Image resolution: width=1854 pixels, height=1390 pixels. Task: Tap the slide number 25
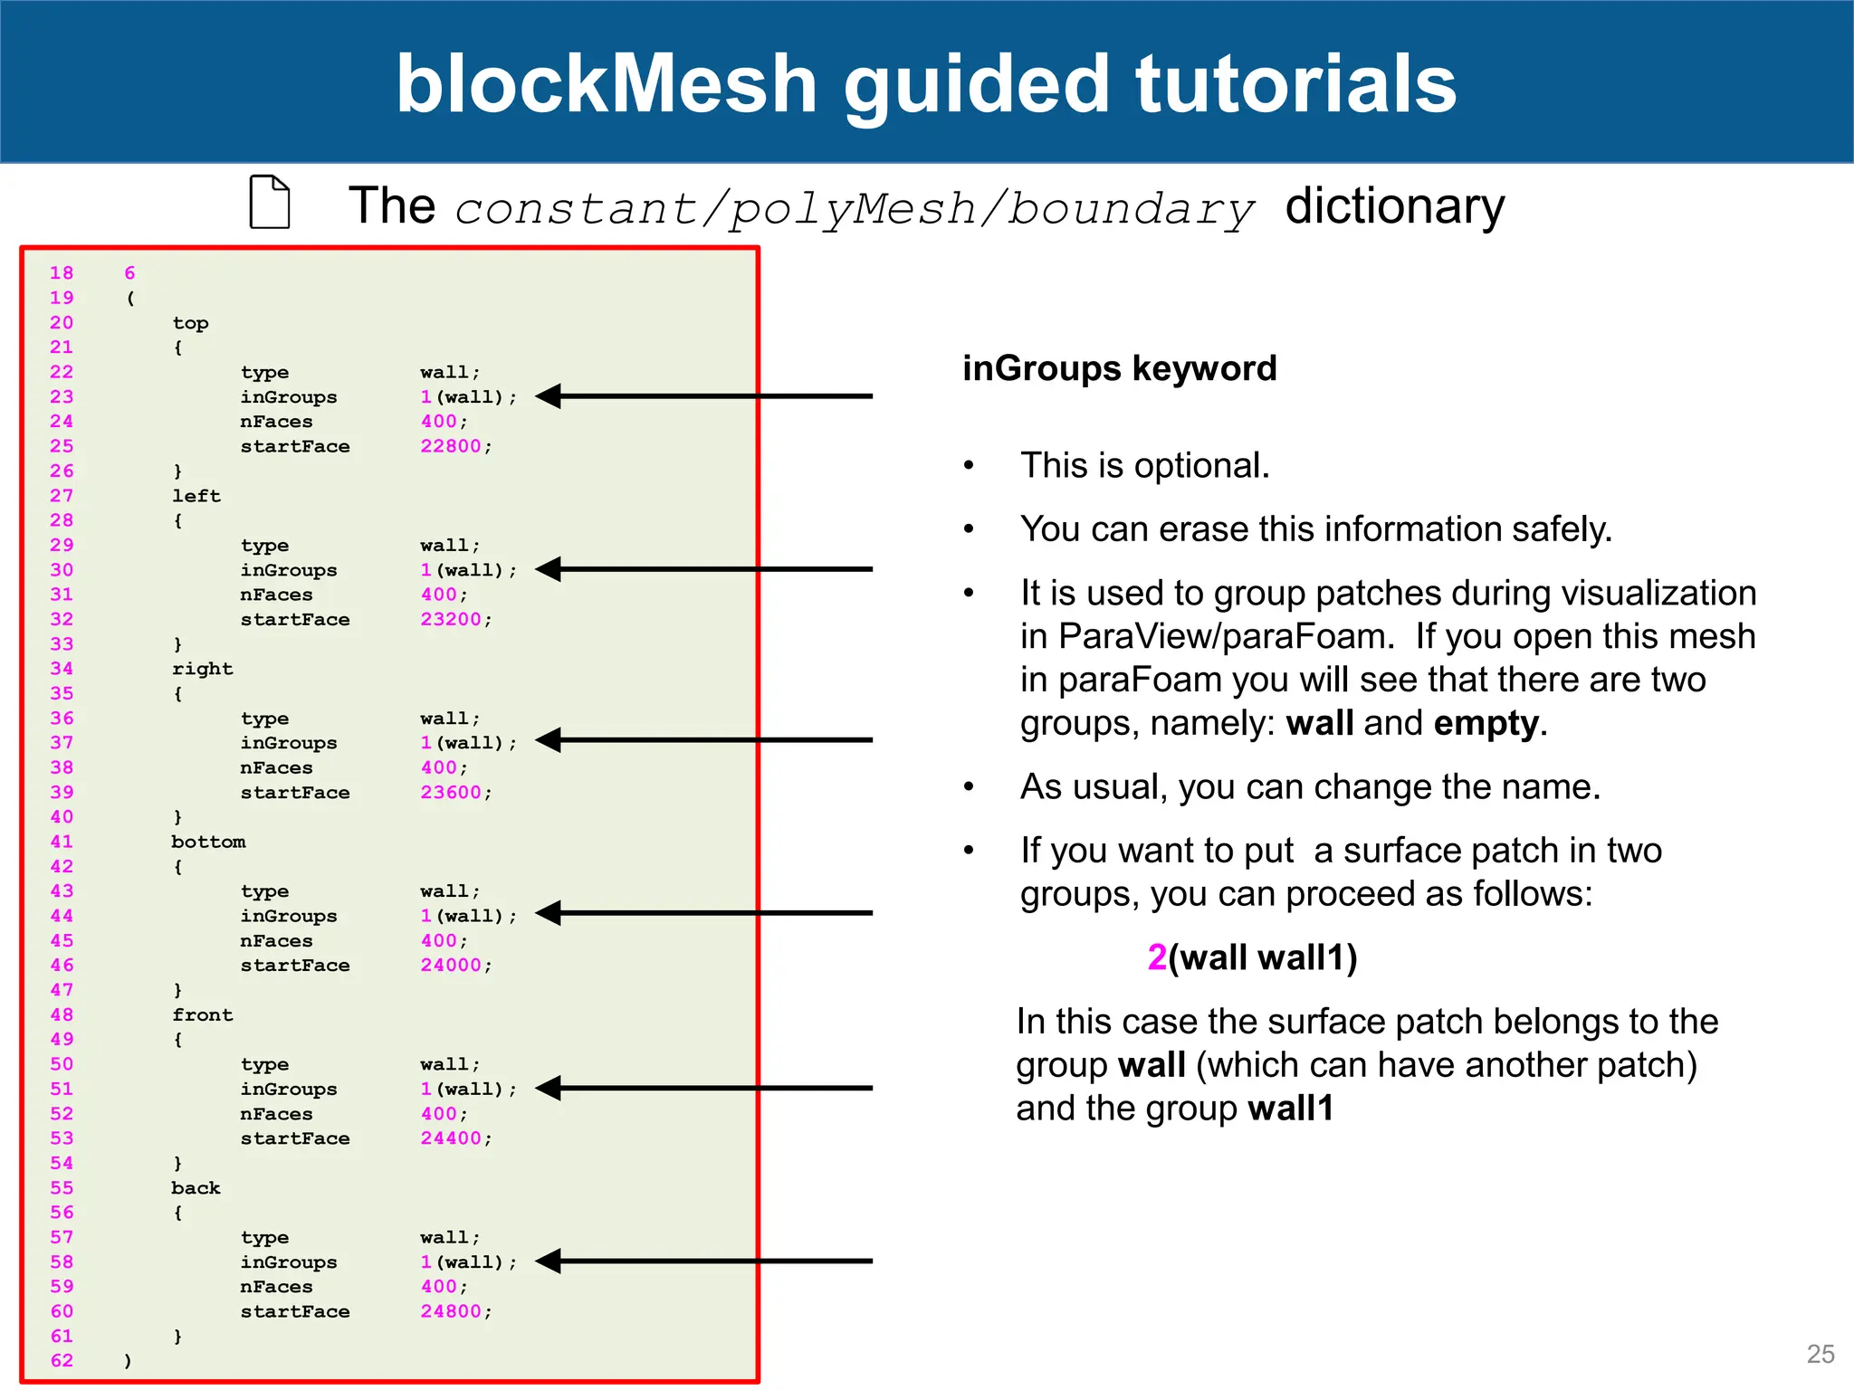pos(1820,1354)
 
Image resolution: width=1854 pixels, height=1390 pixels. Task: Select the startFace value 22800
pos(451,446)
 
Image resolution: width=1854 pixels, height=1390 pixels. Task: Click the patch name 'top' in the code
pos(190,323)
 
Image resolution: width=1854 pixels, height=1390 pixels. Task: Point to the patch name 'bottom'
pos(208,842)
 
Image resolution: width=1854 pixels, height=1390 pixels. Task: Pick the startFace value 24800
pos(451,1311)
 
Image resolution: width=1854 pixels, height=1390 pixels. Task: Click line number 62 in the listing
pos(62,1360)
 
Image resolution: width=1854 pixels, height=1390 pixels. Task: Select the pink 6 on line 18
pos(129,273)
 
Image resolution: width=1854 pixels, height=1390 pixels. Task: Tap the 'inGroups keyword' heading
pos(1119,368)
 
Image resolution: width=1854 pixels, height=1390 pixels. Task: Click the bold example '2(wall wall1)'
pos(1252,957)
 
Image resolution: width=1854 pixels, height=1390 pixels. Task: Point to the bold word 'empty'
pos(1486,723)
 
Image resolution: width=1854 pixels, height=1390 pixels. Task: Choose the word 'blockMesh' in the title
pos(607,83)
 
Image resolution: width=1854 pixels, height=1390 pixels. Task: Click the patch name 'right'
pos(203,669)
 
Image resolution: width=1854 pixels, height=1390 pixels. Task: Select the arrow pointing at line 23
pos(703,396)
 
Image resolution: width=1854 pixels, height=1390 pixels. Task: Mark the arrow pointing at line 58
pos(703,1261)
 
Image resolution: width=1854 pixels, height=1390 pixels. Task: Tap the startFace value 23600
pos(451,793)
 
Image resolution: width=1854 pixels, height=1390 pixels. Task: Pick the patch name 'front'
pos(203,1015)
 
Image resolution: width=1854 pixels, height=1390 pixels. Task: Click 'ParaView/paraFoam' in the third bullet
pos(1221,636)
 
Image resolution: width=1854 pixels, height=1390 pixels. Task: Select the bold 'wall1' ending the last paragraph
pos(1290,1109)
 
